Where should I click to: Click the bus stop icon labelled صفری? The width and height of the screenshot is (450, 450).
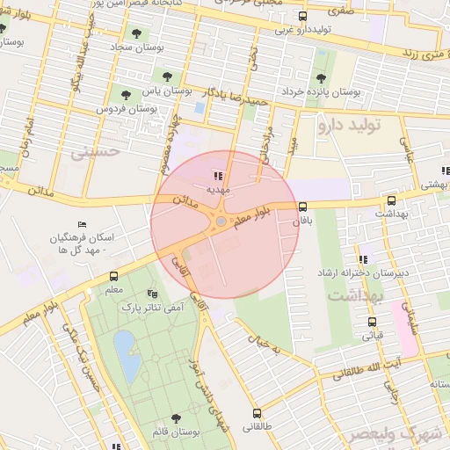pos(303,16)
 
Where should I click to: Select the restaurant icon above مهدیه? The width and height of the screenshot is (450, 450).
pos(218,176)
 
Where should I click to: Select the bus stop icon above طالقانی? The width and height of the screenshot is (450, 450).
pos(258,412)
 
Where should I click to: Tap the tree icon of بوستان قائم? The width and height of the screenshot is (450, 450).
pos(177,417)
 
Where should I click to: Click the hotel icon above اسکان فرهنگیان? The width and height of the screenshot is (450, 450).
pos(83,226)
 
